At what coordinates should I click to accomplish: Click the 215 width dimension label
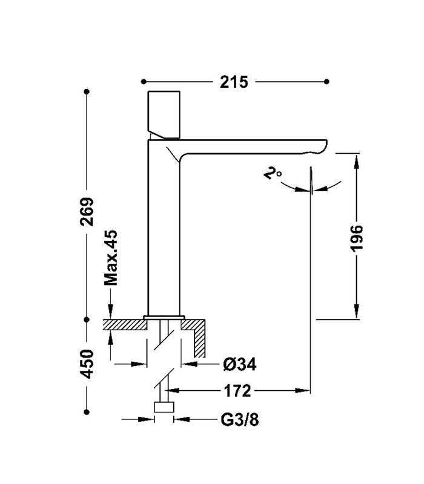click(234, 82)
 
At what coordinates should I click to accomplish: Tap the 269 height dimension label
click(88, 212)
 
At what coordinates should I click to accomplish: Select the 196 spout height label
click(357, 238)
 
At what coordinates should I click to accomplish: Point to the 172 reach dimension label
click(236, 391)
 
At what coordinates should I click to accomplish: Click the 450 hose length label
click(88, 364)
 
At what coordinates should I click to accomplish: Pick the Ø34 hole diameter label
click(239, 364)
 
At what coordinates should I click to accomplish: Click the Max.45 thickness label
click(110, 258)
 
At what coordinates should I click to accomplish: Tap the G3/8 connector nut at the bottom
click(164, 407)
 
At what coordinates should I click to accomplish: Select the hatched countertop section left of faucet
click(125, 325)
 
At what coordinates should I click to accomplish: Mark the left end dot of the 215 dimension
click(143, 82)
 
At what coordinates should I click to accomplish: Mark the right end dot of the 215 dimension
click(327, 82)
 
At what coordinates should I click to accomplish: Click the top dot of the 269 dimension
click(88, 91)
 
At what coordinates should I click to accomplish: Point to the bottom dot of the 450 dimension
click(88, 411)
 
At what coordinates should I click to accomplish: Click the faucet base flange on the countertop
click(164, 317)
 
